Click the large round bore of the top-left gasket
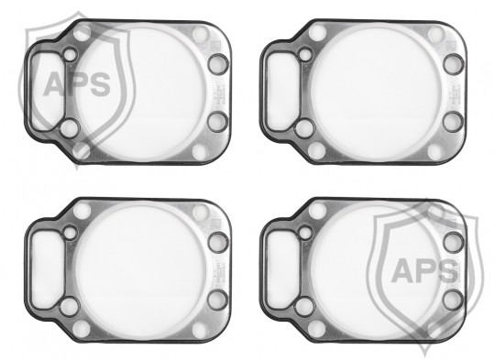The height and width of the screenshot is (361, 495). click(141, 93)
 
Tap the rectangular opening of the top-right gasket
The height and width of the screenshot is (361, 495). click(281, 92)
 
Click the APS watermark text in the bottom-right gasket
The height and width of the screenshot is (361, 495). click(424, 270)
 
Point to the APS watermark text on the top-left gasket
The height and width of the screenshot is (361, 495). click(77, 84)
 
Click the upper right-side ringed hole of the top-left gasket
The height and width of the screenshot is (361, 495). click(218, 64)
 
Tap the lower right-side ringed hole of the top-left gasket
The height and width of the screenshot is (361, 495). click(217, 122)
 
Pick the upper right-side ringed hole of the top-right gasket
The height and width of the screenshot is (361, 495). click(454, 64)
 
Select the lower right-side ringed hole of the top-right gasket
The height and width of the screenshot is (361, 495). click(453, 122)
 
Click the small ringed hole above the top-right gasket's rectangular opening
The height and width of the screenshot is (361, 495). click(305, 55)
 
